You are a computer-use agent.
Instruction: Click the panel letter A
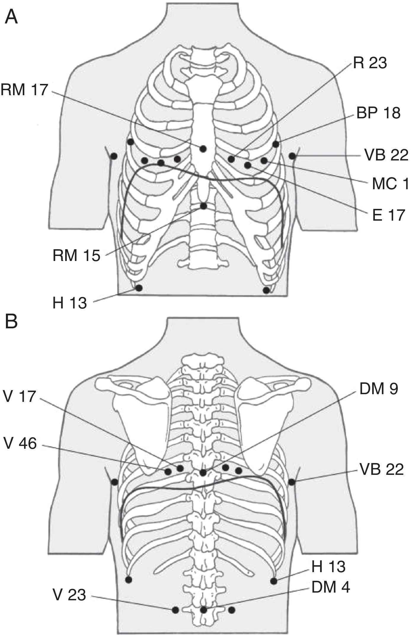point(11,17)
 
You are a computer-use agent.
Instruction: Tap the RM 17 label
point(24,90)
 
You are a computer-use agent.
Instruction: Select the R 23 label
point(370,63)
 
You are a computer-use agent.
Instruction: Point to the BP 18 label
point(378,113)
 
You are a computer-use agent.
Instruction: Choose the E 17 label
point(388,215)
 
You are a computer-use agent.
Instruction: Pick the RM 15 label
point(76,256)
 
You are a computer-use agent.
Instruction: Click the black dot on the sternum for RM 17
point(203,149)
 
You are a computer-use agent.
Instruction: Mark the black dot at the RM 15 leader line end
point(203,206)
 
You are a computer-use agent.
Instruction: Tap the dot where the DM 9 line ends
point(203,473)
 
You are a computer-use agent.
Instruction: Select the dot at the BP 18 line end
point(276,144)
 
